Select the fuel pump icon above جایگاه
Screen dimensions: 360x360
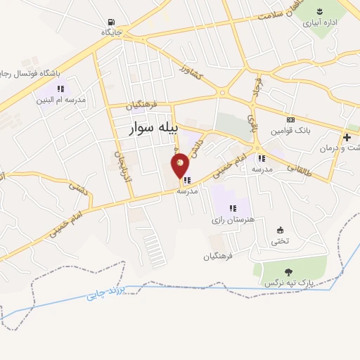click(x=112, y=22)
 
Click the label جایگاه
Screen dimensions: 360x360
click(x=112, y=33)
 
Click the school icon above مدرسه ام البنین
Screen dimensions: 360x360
click(x=60, y=89)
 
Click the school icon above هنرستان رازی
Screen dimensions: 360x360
click(x=233, y=208)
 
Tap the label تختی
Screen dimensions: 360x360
click(x=280, y=241)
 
